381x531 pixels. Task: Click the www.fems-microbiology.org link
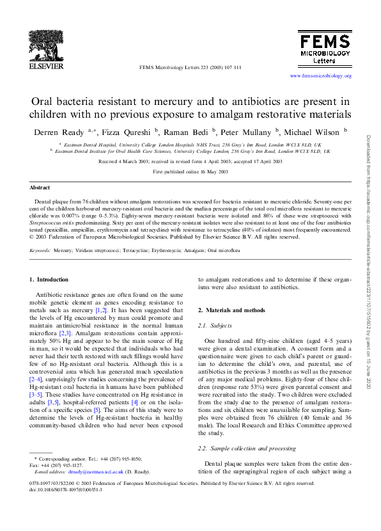[x=321, y=75]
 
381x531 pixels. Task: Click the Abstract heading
[x=42, y=187]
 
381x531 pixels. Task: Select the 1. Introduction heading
[x=49, y=280]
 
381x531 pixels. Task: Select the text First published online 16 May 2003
[x=190, y=173]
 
